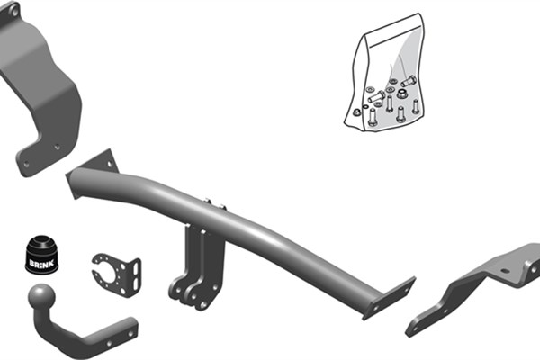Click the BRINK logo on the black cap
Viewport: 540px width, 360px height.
click(x=41, y=264)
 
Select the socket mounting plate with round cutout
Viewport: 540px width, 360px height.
click(x=117, y=274)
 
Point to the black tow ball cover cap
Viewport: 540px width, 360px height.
click(x=41, y=255)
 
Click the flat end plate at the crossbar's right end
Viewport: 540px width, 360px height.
click(x=389, y=299)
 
